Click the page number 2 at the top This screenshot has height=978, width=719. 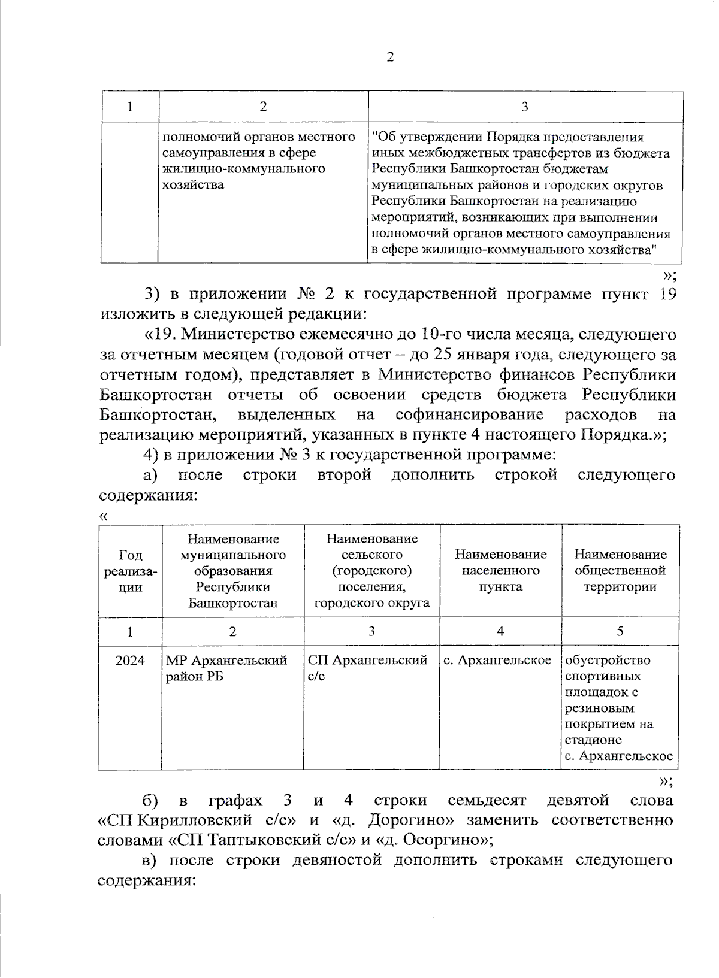[x=390, y=57]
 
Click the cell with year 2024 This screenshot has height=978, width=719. [x=130, y=661]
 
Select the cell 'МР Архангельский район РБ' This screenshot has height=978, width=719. [x=226, y=668]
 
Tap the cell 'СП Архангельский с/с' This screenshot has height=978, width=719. [x=367, y=668]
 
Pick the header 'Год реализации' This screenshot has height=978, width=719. [x=130, y=571]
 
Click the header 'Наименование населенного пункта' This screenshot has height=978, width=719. [x=500, y=570]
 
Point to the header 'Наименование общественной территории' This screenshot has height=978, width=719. [x=620, y=570]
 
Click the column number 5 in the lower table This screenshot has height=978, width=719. [x=620, y=631]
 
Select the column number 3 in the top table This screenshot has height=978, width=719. [x=525, y=107]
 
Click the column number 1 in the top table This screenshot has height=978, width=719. [x=130, y=107]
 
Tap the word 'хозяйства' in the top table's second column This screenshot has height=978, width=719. [x=193, y=185]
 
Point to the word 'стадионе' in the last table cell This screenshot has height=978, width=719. [x=593, y=740]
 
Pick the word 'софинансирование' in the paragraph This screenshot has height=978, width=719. [x=469, y=414]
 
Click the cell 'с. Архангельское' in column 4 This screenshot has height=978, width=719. [x=497, y=661]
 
